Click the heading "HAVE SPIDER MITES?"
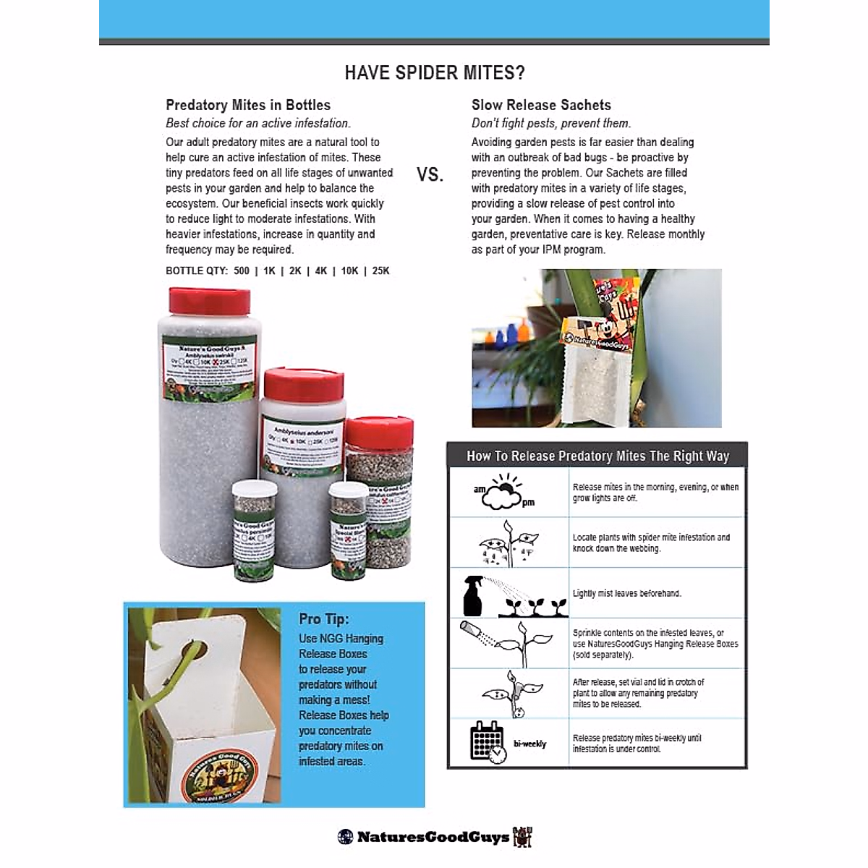click(434, 73)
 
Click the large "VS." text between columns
click(430, 174)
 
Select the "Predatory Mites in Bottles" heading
click(248, 105)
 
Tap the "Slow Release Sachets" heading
click(541, 105)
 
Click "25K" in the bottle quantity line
click(380, 271)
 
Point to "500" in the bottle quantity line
click(242, 271)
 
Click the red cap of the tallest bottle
click(209, 300)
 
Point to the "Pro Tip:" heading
click(324, 619)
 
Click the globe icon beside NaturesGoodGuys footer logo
click(346, 837)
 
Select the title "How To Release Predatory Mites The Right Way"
click(597, 456)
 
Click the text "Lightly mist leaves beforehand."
click(627, 594)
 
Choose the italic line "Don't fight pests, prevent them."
click(551, 123)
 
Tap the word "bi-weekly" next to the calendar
click(530, 744)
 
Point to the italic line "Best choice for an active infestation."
click(258, 123)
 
